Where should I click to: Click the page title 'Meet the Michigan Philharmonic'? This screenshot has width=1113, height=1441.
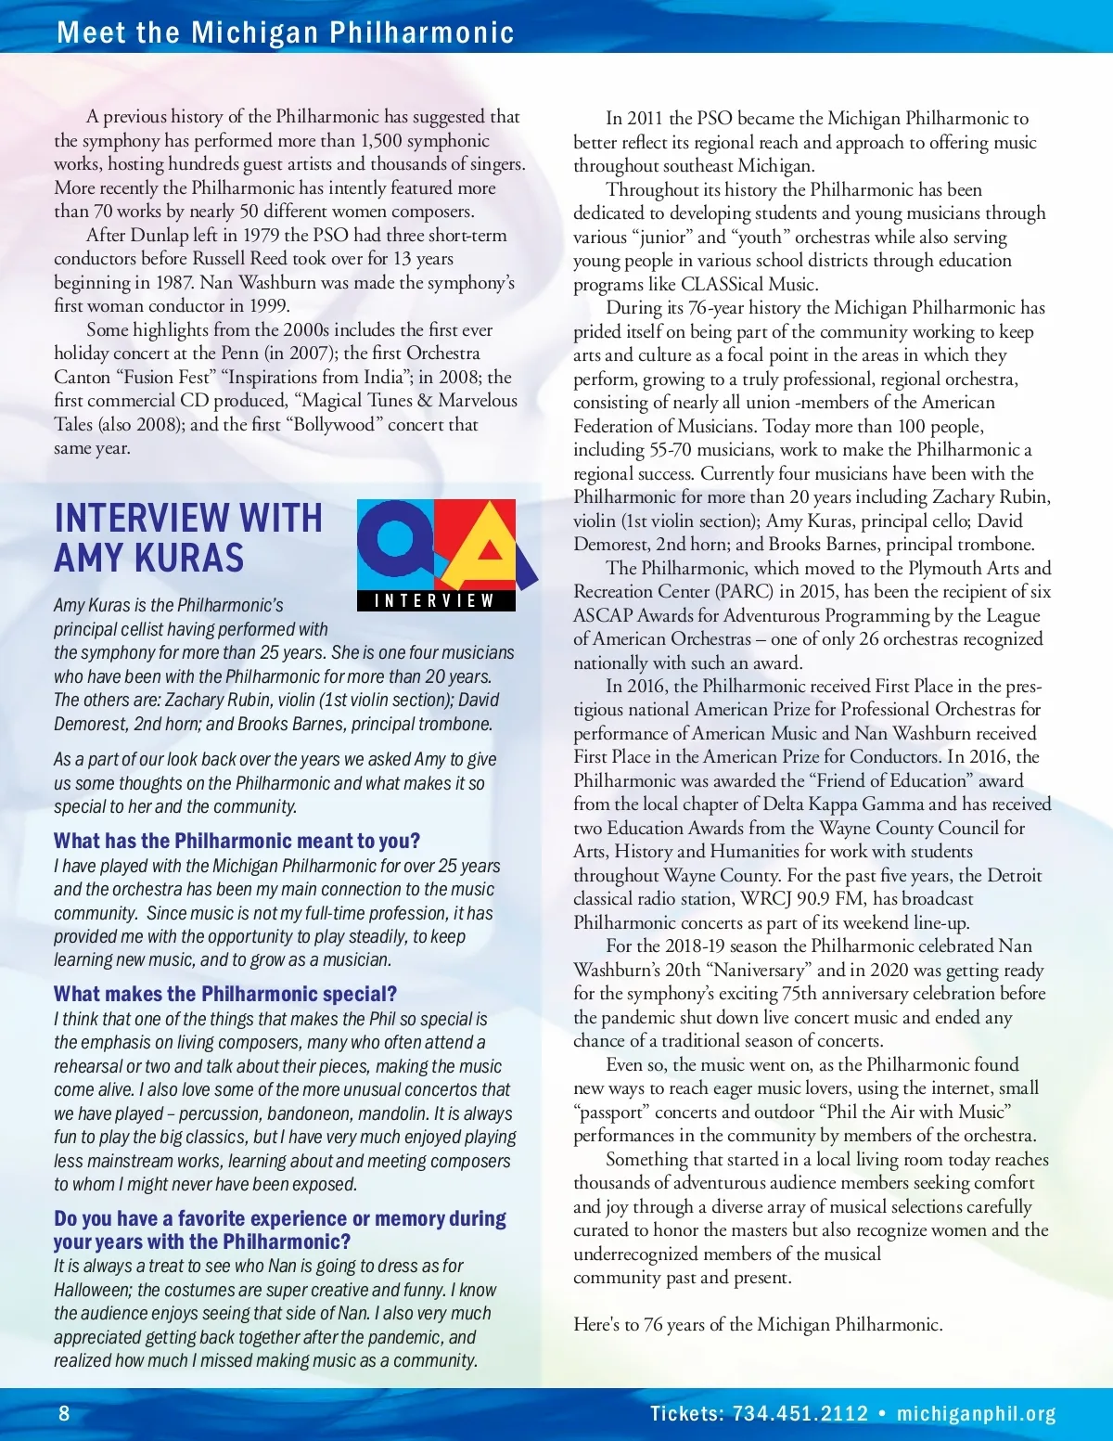point(285,32)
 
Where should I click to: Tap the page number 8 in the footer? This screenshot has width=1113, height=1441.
point(64,1413)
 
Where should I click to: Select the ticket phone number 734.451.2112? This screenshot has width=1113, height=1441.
point(800,1413)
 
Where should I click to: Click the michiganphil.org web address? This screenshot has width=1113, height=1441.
point(976,1413)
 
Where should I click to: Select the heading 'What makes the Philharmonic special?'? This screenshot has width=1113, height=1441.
point(225,994)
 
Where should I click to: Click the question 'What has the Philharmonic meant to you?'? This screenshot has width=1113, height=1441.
point(237,841)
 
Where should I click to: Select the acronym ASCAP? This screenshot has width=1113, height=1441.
point(605,615)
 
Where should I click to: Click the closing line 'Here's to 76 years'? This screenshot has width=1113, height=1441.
point(757,1324)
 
